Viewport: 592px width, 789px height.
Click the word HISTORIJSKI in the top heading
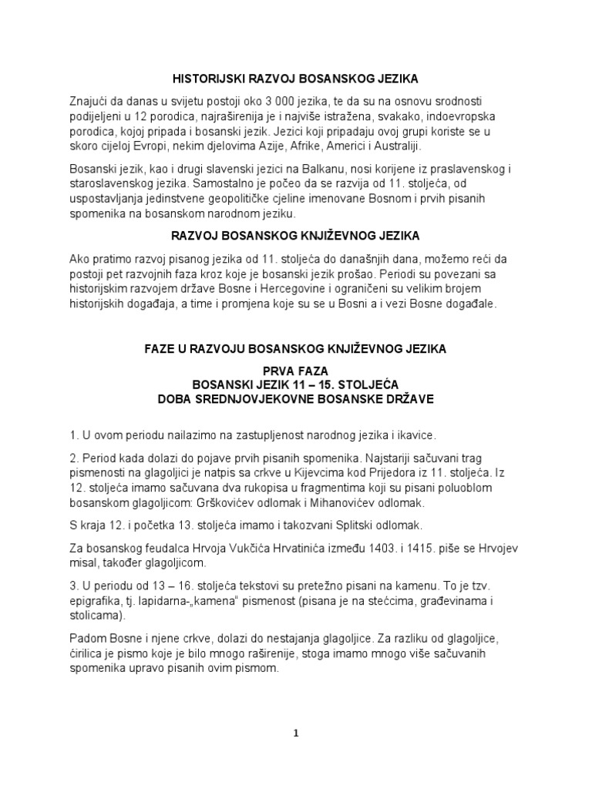[x=206, y=78]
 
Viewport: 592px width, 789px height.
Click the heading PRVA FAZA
[x=295, y=370]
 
